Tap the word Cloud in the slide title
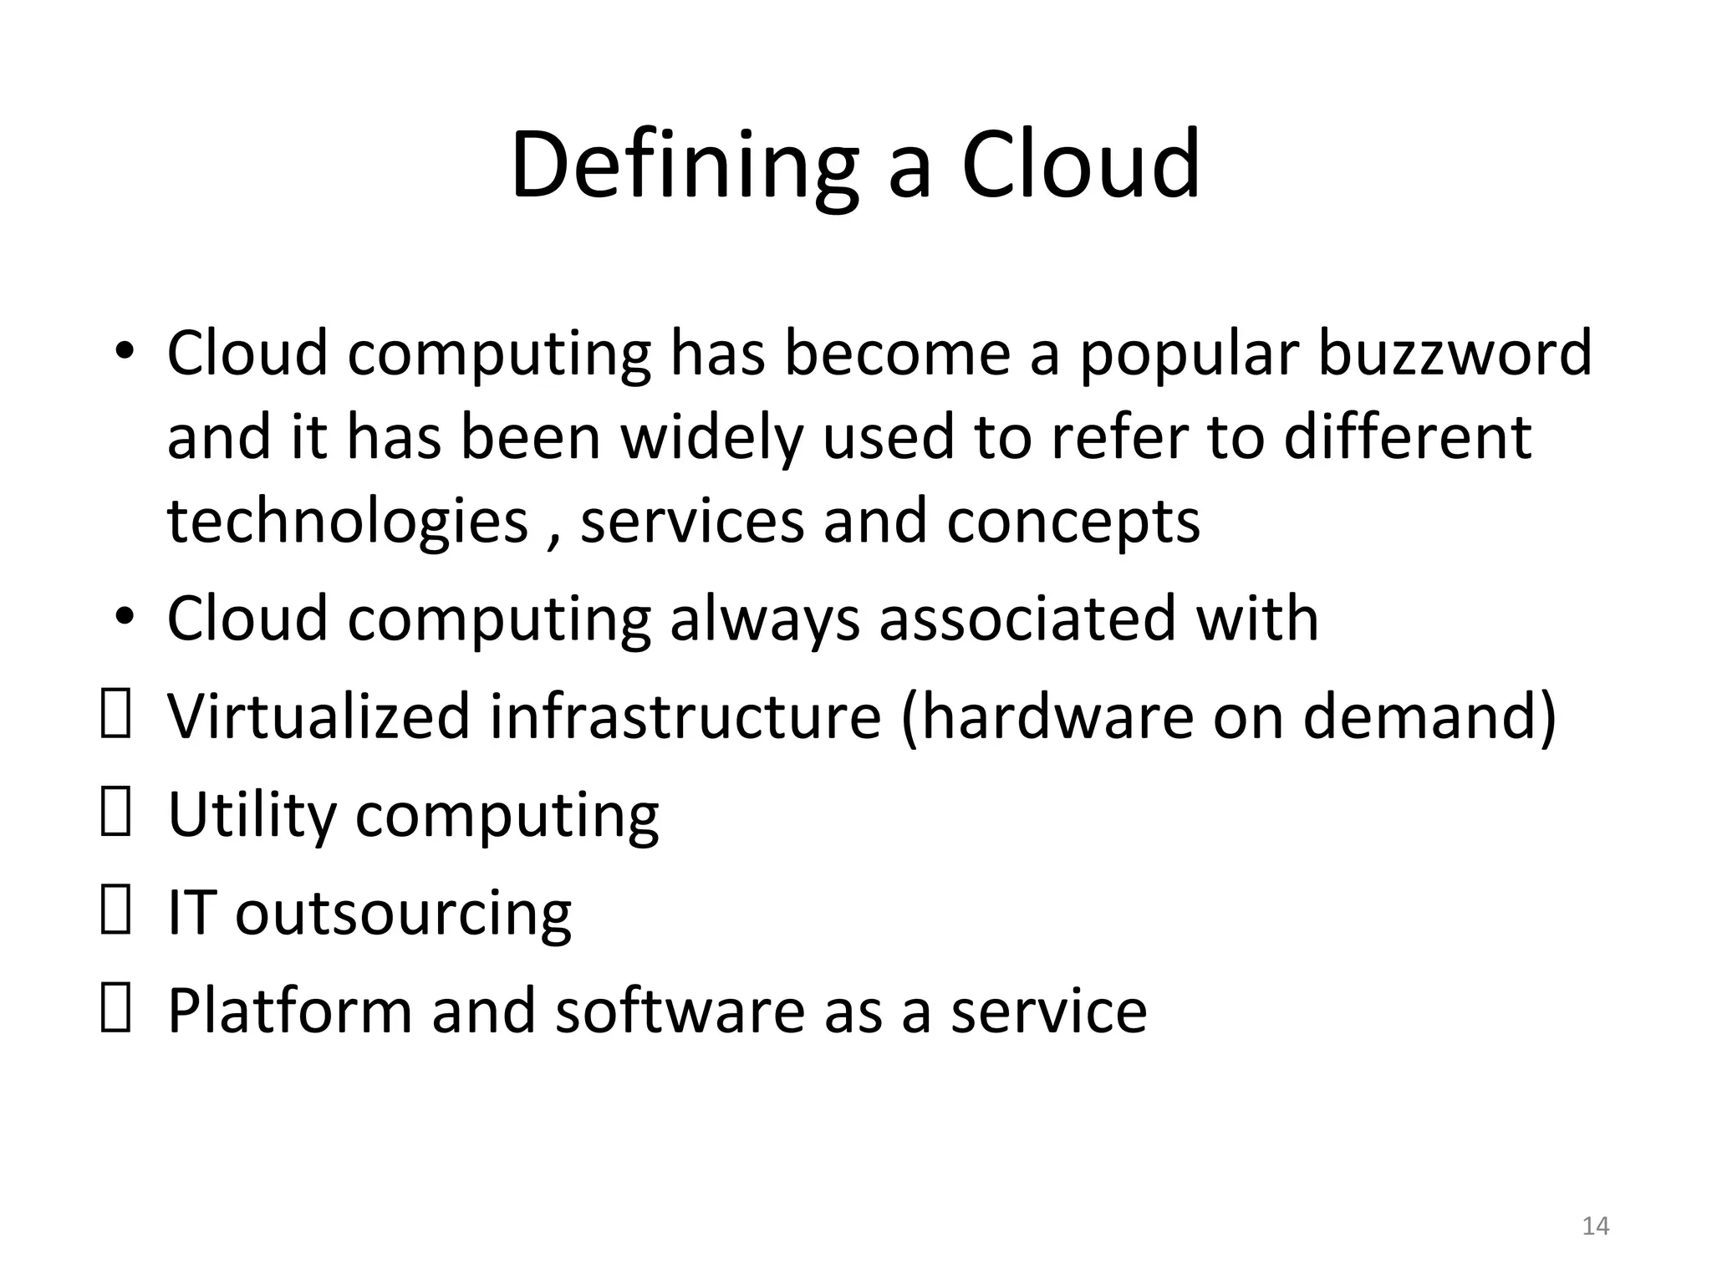(x=1080, y=165)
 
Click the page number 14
(x=1596, y=1226)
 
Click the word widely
(x=711, y=438)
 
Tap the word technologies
(x=348, y=522)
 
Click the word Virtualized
(x=318, y=716)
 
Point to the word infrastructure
(x=685, y=716)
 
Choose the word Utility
(x=252, y=815)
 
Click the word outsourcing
(x=403, y=914)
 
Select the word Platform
(x=290, y=1011)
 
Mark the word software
(x=680, y=1011)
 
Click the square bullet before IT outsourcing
(x=115, y=912)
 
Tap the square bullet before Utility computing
(x=115, y=814)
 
